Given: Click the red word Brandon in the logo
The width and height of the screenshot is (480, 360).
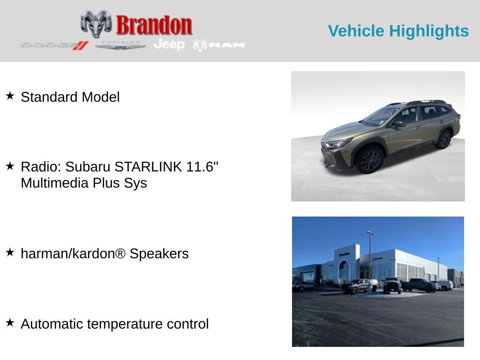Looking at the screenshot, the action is click(x=154, y=25).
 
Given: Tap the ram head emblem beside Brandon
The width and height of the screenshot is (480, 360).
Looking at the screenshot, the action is click(x=96, y=24).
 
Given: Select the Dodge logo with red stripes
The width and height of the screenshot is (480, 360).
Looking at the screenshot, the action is click(x=55, y=45).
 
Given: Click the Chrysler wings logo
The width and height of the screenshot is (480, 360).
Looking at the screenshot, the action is click(x=120, y=45).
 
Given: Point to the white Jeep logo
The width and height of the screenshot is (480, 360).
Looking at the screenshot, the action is click(x=169, y=45).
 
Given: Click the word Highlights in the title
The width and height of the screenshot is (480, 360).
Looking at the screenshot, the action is click(x=429, y=31).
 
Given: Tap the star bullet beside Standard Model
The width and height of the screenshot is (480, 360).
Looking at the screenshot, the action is click(x=10, y=96).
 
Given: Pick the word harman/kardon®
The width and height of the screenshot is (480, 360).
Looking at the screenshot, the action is click(x=73, y=254).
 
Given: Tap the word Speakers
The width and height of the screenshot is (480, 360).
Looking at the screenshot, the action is click(x=159, y=254).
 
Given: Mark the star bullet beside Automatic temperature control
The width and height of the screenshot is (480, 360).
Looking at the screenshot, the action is click(x=10, y=322).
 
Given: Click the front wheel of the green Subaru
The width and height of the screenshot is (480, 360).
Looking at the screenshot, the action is click(x=370, y=160).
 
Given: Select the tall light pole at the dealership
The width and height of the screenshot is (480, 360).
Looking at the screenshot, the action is click(x=370, y=260).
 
